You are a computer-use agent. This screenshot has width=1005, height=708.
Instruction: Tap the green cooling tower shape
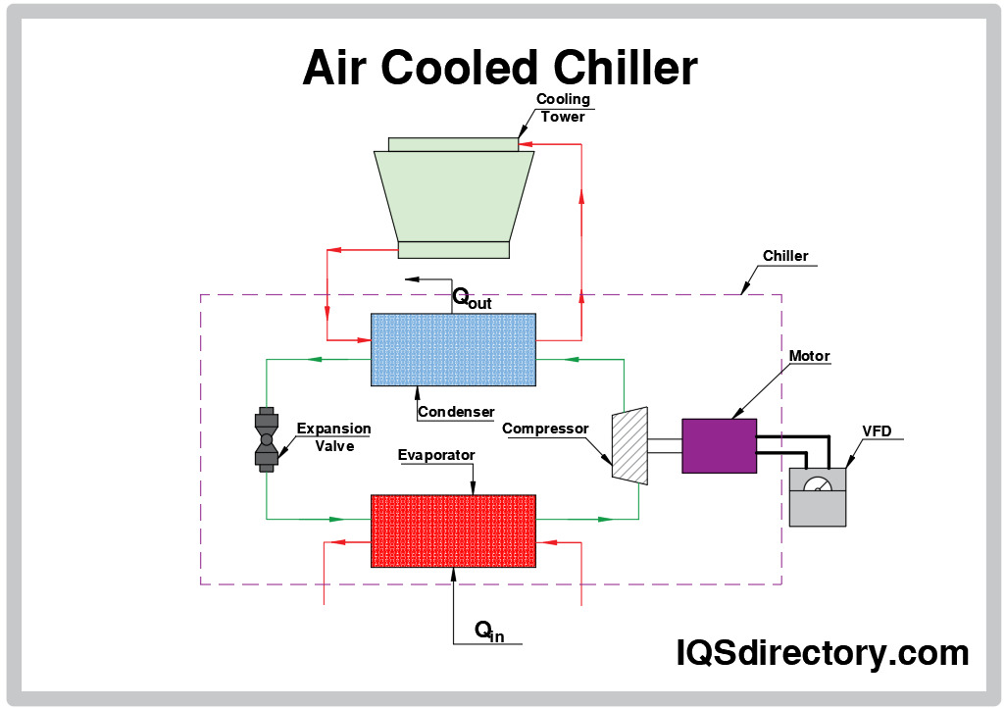(x=454, y=196)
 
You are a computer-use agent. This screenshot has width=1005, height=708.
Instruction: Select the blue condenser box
(x=453, y=349)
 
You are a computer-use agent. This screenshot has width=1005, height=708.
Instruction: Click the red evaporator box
(x=453, y=531)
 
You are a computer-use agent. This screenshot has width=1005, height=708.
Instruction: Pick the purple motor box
(x=719, y=446)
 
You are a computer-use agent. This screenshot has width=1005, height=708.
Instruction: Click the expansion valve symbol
(x=265, y=438)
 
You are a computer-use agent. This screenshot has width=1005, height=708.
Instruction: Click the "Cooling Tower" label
(x=563, y=108)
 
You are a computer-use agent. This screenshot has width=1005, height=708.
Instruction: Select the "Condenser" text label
(x=456, y=412)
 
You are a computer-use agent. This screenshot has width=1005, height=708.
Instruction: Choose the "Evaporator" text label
(x=436, y=455)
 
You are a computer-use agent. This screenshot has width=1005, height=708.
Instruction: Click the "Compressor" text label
(x=545, y=429)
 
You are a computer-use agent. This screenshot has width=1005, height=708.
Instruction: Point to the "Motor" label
(x=809, y=356)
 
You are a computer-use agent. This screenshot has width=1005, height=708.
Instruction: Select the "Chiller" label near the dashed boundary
(x=785, y=256)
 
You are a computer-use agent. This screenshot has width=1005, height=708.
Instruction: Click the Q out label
(x=471, y=297)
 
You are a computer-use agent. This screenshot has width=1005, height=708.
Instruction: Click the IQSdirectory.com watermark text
(x=823, y=652)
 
